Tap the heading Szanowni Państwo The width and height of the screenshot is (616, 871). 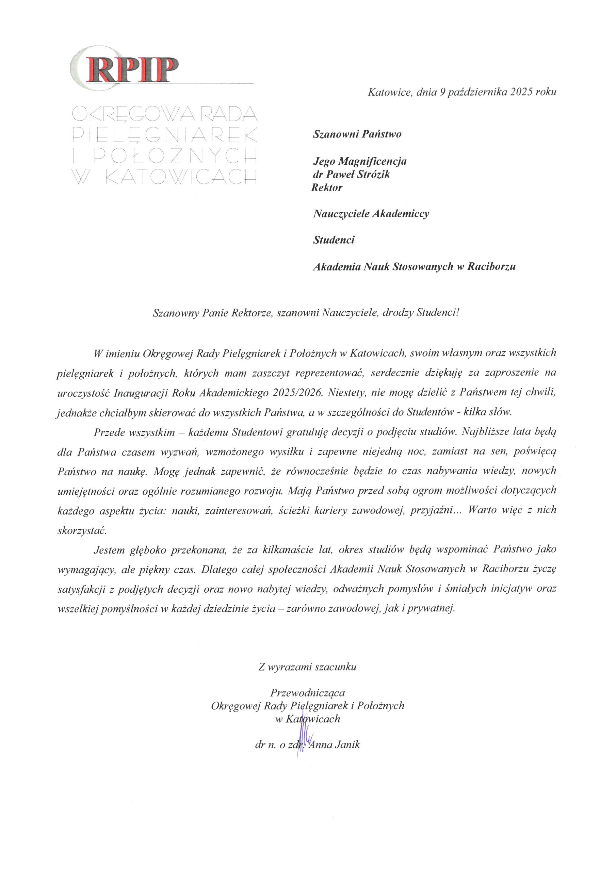[x=357, y=134]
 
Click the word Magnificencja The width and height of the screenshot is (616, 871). [x=372, y=161]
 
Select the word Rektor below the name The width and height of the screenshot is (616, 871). [x=327, y=187]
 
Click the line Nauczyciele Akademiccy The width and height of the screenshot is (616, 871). [x=371, y=214]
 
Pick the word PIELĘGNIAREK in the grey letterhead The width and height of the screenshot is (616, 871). [x=164, y=134]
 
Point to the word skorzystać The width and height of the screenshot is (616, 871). [x=81, y=530]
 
